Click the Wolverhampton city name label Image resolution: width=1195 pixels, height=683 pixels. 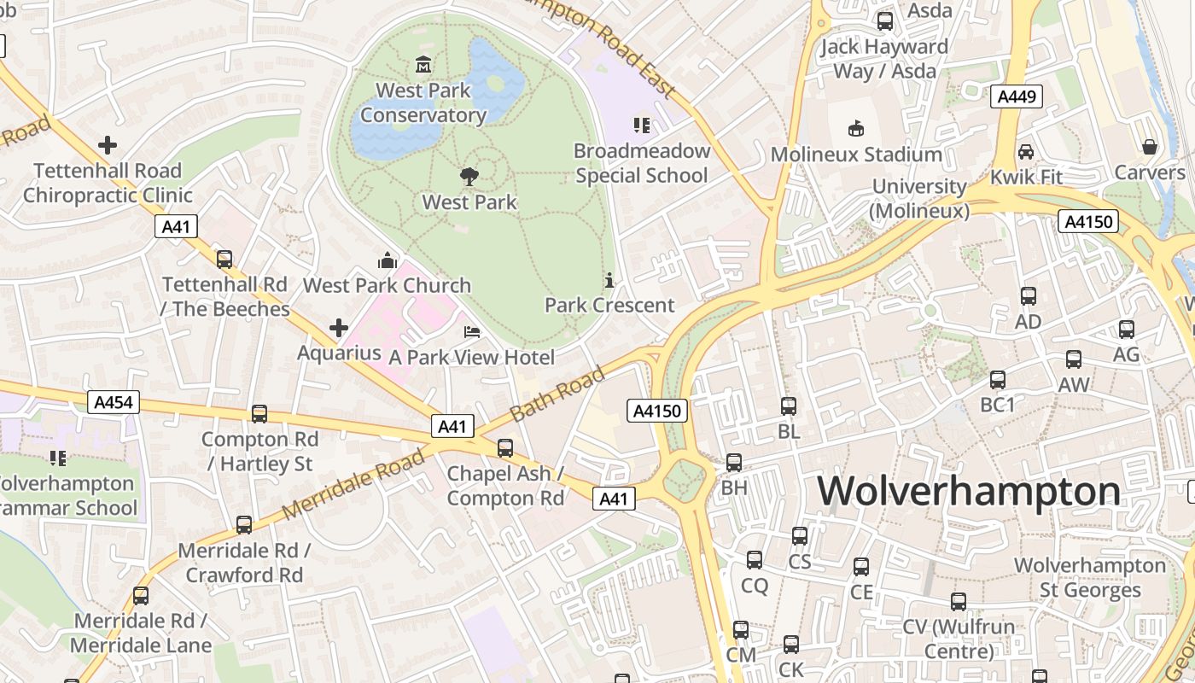pyautogui.click(x=969, y=492)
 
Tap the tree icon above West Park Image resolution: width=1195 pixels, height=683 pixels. pyautogui.click(x=469, y=177)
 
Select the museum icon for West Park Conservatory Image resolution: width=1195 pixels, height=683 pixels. pyautogui.click(x=423, y=65)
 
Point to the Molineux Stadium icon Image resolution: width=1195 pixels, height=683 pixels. pyautogui.click(x=855, y=129)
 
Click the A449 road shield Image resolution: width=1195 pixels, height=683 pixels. pyautogui.click(x=1017, y=96)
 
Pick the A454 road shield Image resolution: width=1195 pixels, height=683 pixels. pyautogui.click(x=113, y=402)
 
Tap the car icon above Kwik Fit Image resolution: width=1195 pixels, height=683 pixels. pyautogui.click(x=1026, y=152)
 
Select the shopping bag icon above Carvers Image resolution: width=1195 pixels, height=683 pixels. pyautogui.click(x=1150, y=147)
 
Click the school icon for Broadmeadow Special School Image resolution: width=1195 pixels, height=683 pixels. pyautogui.click(x=642, y=126)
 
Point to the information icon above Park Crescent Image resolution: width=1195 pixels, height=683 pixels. pyautogui.click(x=609, y=280)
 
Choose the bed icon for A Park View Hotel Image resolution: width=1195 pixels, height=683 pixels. pyautogui.click(x=472, y=332)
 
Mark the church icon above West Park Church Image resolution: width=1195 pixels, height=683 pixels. pyautogui.click(x=388, y=260)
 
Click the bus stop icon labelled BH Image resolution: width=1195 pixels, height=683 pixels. pyautogui.click(x=734, y=463)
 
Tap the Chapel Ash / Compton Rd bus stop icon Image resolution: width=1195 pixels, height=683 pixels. pyautogui.click(x=505, y=447)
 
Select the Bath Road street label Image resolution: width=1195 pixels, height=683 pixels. pyautogui.click(x=557, y=394)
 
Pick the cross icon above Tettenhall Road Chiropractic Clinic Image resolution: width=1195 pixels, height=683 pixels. pyautogui.click(x=108, y=145)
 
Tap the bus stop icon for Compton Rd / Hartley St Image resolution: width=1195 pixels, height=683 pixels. pyautogui.click(x=259, y=414)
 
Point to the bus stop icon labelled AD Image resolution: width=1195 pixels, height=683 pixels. pyautogui.click(x=1029, y=296)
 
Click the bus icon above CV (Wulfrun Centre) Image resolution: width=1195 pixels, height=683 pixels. pyautogui.click(x=959, y=602)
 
